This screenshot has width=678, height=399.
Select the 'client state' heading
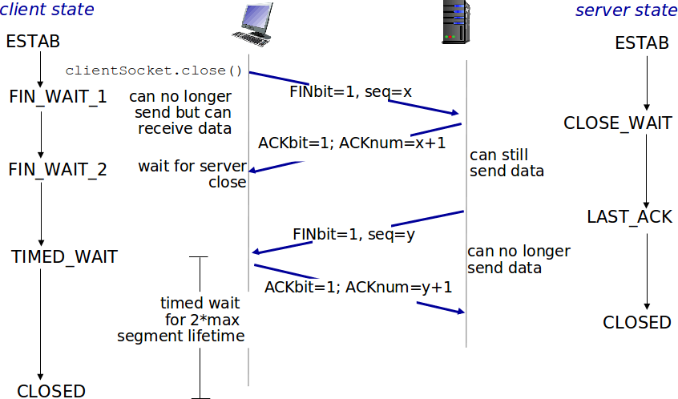[48, 10]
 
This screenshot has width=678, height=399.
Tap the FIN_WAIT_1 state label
[58, 97]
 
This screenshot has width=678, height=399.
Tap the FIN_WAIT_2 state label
[58, 170]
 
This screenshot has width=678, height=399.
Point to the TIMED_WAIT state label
[64, 257]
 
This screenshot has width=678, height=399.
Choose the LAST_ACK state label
[629, 217]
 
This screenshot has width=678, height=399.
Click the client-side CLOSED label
[51, 391]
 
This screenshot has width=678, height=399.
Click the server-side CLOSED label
[637, 322]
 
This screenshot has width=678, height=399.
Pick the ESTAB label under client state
[33, 42]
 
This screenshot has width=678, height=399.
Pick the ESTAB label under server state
[642, 43]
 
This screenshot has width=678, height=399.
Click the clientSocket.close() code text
[154, 70]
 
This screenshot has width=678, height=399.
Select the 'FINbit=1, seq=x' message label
[351, 92]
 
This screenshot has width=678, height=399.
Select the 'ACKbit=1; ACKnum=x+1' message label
[352, 143]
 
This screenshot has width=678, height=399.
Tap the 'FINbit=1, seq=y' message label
[353, 235]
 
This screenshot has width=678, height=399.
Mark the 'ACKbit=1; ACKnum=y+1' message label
[359, 287]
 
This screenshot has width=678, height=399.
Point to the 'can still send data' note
[506, 163]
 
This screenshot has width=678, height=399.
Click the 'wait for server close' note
[192, 174]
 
